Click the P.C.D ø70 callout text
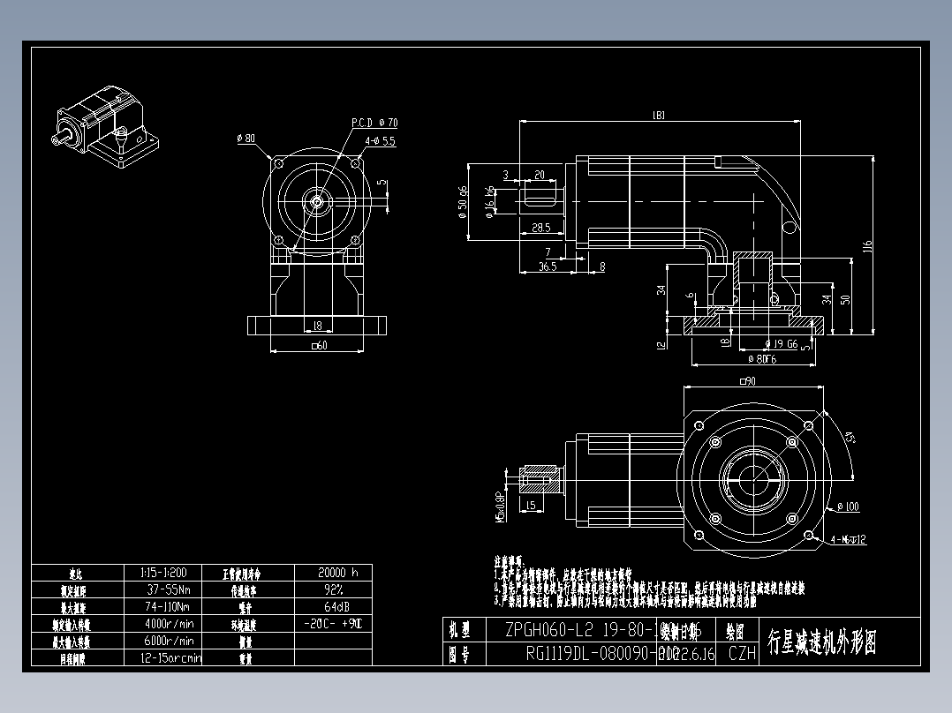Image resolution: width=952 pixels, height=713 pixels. tap(374, 123)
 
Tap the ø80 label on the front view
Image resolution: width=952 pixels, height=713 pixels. tap(246, 139)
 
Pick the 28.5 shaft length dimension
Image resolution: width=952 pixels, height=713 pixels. tap(540, 228)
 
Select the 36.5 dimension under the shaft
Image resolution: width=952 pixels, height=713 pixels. tap(547, 266)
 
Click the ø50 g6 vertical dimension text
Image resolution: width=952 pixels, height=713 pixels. tap(464, 201)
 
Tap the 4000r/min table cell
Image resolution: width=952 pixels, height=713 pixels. tap(170, 623)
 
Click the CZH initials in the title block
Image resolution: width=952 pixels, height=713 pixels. tap(741, 654)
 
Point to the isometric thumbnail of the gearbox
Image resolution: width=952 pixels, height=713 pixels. tap(107, 127)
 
